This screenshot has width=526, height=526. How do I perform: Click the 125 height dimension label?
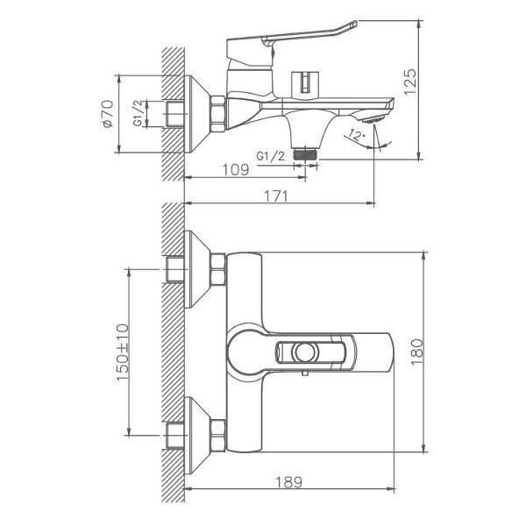click(410, 82)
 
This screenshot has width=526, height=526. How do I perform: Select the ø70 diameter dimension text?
click(108, 114)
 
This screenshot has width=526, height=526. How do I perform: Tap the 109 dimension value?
click(236, 170)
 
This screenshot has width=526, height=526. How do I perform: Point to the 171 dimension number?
click(276, 196)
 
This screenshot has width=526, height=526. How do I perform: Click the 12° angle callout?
click(357, 135)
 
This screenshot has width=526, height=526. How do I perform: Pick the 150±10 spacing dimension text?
click(123, 352)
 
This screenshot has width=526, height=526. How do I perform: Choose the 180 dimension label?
click(417, 352)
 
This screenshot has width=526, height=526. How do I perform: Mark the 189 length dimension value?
click(288, 482)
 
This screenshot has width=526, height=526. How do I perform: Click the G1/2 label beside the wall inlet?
click(139, 113)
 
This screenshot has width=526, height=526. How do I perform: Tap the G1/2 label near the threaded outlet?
click(270, 156)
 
